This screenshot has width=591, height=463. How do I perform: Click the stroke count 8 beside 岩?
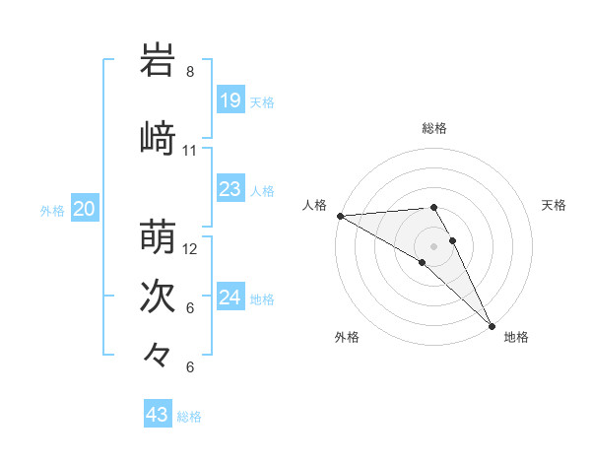pyautogui.click(x=190, y=72)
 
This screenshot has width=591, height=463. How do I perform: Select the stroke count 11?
pyautogui.click(x=190, y=150)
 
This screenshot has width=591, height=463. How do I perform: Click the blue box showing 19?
pyautogui.click(x=230, y=100)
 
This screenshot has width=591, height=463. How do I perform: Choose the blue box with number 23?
pyautogui.click(x=230, y=189)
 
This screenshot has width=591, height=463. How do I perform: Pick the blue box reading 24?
pyautogui.click(x=230, y=298)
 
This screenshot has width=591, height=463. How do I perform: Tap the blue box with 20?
pyautogui.click(x=85, y=209)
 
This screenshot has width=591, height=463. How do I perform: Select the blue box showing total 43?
pyautogui.click(x=158, y=415)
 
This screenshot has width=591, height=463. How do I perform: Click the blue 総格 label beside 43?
pyautogui.click(x=190, y=417)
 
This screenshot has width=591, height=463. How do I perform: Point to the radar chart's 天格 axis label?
pyautogui.click(x=555, y=205)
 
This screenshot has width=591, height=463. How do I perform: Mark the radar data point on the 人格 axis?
pyautogui.click(x=340, y=216)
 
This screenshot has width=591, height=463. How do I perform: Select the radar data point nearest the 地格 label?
pyautogui.click(x=492, y=324)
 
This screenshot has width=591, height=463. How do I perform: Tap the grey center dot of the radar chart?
pyautogui.click(x=433, y=245)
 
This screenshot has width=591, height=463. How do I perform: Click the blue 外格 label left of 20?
pyautogui.click(x=52, y=210)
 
